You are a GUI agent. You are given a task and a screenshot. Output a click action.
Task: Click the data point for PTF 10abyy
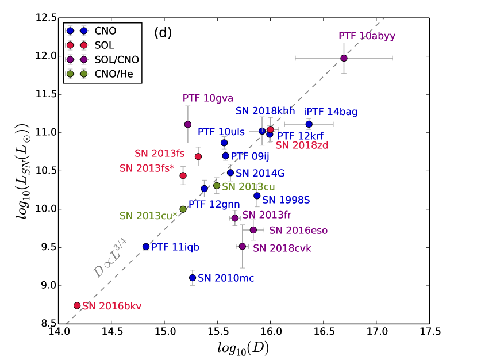click(344, 58)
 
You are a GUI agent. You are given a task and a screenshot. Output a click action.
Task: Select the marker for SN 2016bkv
click(77, 305)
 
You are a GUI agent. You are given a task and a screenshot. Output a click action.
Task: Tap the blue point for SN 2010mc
click(193, 278)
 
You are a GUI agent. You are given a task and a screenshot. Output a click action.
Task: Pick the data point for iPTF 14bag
click(309, 124)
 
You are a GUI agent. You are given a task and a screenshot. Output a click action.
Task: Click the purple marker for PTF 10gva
click(187, 124)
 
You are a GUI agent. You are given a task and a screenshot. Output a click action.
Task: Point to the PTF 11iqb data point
click(146, 246)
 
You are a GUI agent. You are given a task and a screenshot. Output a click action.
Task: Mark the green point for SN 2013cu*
click(183, 209)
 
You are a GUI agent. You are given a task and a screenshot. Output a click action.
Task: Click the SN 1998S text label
click(286, 200)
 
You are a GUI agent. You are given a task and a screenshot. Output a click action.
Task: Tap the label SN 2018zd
click(302, 145)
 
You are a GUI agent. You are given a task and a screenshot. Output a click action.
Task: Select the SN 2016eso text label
click(298, 231)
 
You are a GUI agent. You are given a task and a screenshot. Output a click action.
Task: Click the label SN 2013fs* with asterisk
click(147, 168)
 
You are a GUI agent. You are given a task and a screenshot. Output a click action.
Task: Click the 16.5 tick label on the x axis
click(324, 332)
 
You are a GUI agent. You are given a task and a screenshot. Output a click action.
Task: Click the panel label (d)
click(163, 33)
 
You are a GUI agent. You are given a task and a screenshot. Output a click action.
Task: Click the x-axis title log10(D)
click(244, 348)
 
